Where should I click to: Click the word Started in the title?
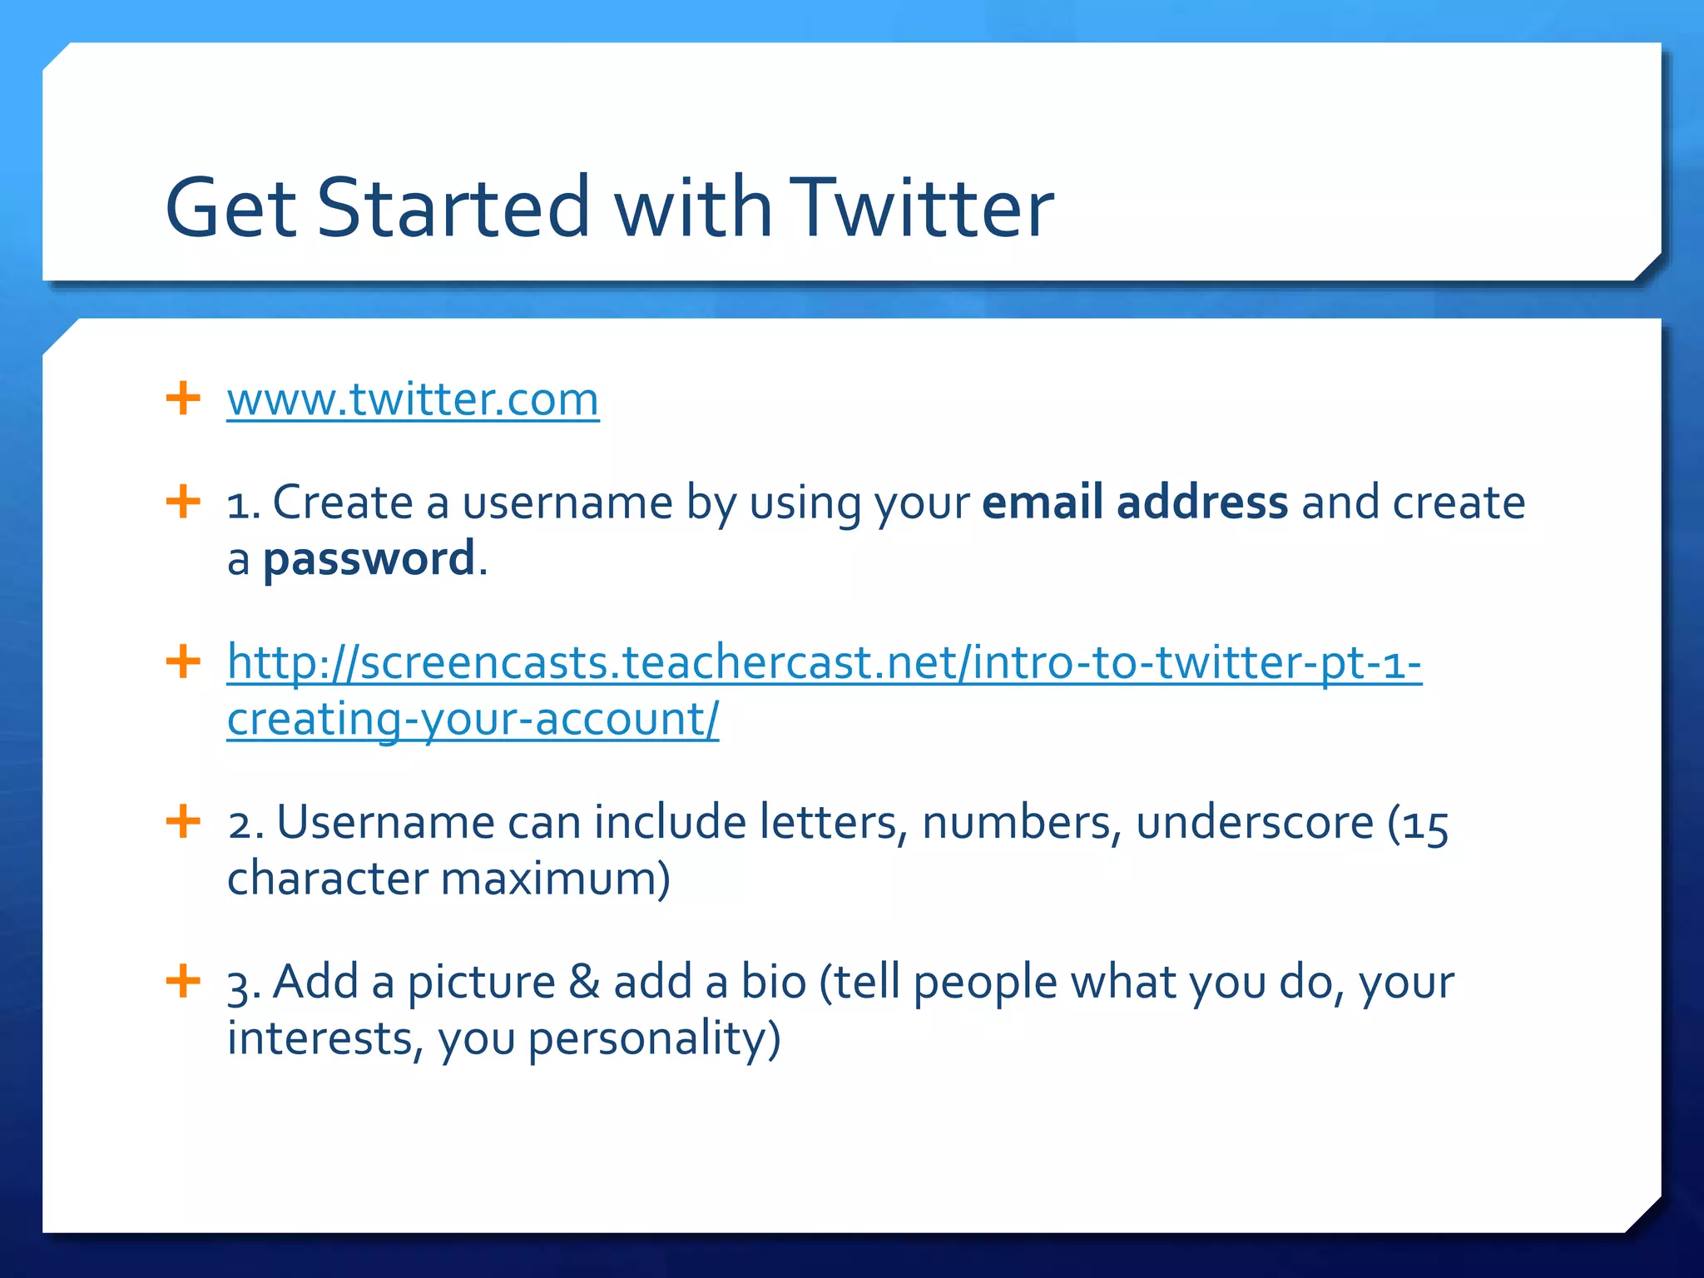point(453,207)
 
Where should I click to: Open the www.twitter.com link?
point(413,400)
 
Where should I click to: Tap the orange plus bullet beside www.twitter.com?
point(183,399)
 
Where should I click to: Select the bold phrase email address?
point(1135,503)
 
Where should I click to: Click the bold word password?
point(369,559)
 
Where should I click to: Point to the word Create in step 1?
point(343,503)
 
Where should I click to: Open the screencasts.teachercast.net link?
point(824,664)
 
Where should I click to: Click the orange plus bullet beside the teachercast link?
point(183,662)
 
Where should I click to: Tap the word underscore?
point(1255,823)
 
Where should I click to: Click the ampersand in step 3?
point(584,982)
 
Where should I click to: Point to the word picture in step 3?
point(481,983)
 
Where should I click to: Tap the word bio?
point(774,982)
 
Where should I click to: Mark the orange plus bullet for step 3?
point(183,981)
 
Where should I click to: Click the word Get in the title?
point(230,207)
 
